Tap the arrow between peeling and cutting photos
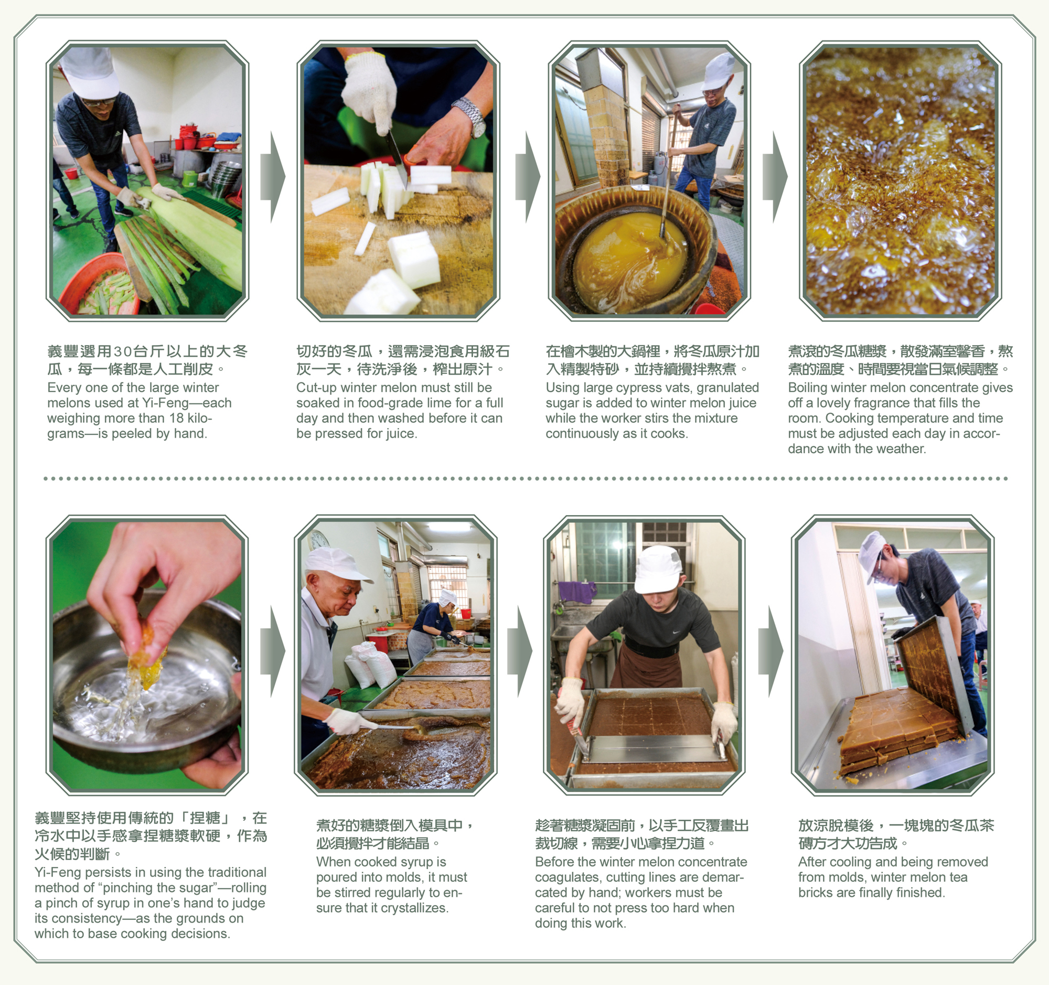coord(273,177)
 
